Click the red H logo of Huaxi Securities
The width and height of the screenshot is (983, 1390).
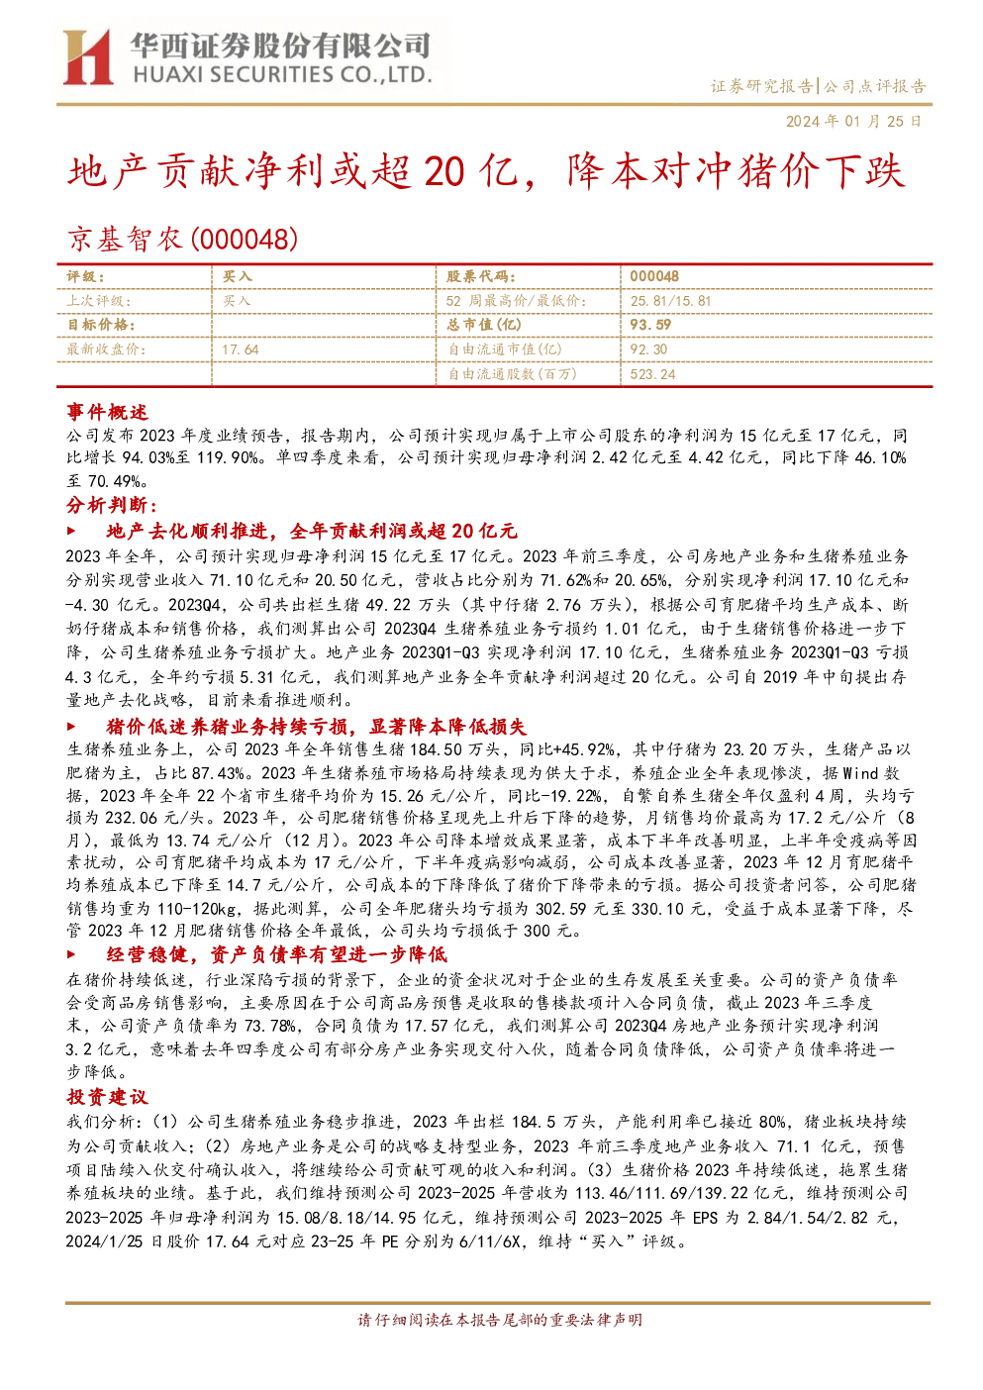click(x=87, y=56)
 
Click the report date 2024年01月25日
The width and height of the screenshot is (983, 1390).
click(x=853, y=121)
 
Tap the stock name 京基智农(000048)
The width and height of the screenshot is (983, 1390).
click(x=182, y=240)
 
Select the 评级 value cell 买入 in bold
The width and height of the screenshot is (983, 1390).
click(x=237, y=277)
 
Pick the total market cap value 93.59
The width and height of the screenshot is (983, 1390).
click(x=649, y=325)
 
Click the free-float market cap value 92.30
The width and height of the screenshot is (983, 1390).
click(x=648, y=349)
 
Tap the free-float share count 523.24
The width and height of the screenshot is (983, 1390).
click(x=652, y=374)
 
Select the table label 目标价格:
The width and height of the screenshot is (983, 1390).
click(x=101, y=325)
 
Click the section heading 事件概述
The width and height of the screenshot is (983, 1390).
click(x=107, y=412)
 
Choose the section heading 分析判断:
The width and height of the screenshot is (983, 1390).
click(x=112, y=505)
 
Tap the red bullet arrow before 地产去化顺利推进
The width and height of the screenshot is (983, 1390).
click(x=71, y=532)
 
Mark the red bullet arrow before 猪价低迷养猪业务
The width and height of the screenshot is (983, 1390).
click(x=71, y=726)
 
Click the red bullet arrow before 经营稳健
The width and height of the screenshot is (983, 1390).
click(x=71, y=954)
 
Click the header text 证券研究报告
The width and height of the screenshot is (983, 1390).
click(x=761, y=85)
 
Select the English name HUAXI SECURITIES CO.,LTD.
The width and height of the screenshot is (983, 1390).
click(x=282, y=75)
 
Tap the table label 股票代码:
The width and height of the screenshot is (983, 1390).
click(x=480, y=277)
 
